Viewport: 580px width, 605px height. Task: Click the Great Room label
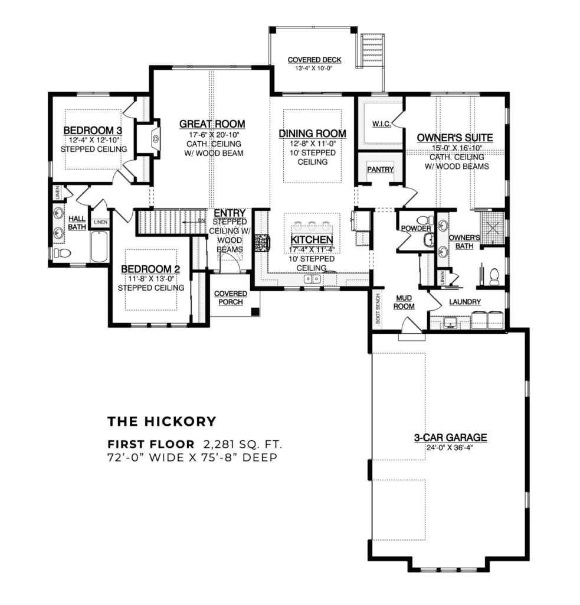[212, 124]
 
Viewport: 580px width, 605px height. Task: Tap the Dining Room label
[312, 134]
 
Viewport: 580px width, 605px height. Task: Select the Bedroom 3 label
[93, 131]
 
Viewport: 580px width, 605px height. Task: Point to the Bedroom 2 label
[150, 268]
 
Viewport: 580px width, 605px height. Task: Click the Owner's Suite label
[454, 138]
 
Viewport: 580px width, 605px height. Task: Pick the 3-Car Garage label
[450, 438]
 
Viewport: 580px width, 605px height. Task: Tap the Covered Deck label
[313, 60]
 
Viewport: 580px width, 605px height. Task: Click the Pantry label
[380, 170]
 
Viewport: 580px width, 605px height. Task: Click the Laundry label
[465, 302]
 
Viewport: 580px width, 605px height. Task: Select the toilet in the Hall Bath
[62, 253]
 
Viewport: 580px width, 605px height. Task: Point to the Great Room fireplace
[155, 139]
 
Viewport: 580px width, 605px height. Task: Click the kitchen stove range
[261, 243]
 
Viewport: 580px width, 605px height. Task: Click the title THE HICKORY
[162, 421]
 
